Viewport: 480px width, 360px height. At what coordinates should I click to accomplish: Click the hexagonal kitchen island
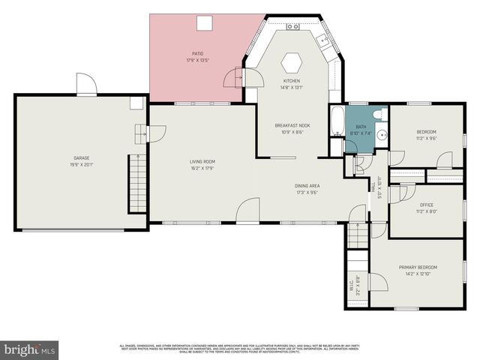tap(291, 61)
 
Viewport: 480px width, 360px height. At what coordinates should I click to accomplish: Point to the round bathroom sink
tap(381, 136)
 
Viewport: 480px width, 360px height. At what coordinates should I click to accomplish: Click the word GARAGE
tap(81, 158)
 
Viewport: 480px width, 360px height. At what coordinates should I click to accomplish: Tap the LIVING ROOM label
tap(202, 161)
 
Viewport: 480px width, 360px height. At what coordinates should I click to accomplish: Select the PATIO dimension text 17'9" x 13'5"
tap(197, 60)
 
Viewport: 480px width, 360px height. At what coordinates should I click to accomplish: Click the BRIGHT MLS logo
tap(30, 349)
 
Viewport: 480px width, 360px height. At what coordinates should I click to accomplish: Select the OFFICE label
tap(426, 205)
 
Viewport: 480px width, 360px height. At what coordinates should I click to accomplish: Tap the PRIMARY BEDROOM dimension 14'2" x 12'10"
tap(418, 274)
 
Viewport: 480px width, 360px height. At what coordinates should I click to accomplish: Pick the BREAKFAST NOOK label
tap(288, 126)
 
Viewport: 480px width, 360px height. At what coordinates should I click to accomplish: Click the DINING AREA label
tap(307, 185)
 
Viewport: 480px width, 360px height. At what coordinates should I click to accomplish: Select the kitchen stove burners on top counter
tap(293, 27)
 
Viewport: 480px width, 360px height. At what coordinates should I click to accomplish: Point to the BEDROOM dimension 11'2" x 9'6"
tap(426, 138)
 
